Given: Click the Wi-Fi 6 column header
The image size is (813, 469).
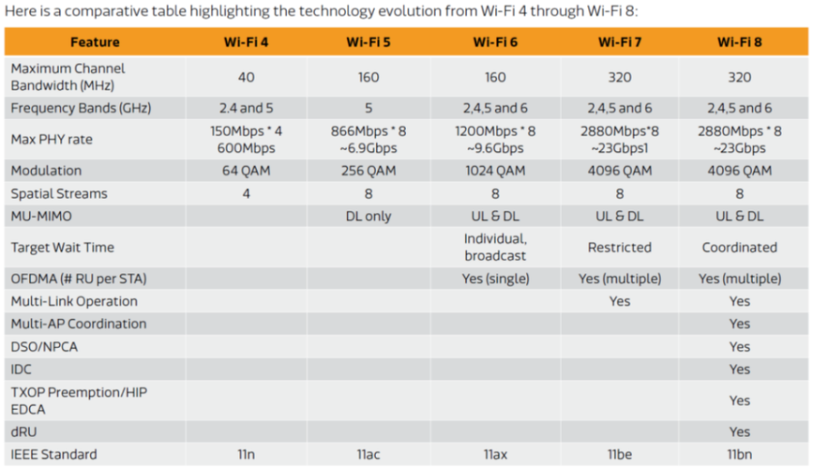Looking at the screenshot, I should point(495,42).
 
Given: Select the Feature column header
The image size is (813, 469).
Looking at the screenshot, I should point(95,42).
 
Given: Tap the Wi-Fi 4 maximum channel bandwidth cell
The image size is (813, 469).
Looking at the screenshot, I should point(246,77).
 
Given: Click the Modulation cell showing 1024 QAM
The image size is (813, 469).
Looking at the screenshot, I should point(495,171).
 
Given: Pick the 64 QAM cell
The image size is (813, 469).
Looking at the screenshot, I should point(246,171).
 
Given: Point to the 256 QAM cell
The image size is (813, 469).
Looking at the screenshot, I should point(369,171).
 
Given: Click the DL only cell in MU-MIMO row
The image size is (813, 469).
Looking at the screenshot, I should point(369,217).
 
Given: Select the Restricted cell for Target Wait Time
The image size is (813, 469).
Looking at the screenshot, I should point(619,248).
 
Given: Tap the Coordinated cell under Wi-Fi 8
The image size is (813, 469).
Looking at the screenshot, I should point(740,248).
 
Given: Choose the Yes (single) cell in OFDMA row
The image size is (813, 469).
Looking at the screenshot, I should point(495,279).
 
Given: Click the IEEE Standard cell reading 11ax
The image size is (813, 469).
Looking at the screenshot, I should point(495,455).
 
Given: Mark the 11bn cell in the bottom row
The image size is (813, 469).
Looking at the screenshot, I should point(740,455).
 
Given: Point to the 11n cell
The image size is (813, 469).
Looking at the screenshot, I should point(246,455).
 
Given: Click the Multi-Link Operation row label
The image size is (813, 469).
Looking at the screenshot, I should point(74,301).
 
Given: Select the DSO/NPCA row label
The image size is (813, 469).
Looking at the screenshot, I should point(45,346).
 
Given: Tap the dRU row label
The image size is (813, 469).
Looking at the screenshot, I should point(25,431).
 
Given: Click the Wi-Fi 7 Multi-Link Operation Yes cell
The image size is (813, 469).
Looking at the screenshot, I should point(619,301).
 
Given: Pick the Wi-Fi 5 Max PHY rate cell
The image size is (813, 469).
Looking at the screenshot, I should point(369,139).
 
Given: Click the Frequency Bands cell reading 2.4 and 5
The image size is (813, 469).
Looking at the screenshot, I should point(246,108).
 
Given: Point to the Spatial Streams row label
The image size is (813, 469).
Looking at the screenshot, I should point(59,193).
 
